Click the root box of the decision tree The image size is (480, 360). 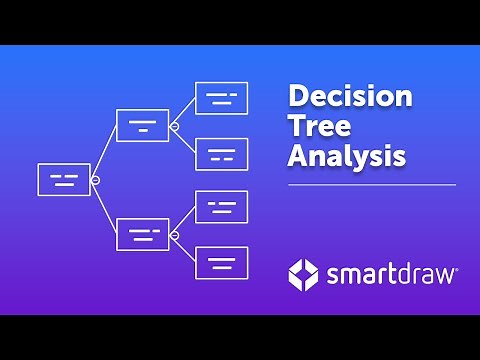pyautogui.click(x=63, y=179)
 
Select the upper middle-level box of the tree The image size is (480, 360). pyautogui.click(x=143, y=125)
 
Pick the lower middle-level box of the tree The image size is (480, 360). pyautogui.click(x=143, y=234)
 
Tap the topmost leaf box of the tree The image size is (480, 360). pyautogui.click(x=221, y=98)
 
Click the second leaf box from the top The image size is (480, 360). pyautogui.click(x=221, y=153)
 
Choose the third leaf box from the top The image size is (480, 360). pyautogui.click(x=221, y=207)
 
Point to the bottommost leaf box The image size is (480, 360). pyautogui.click(x=221, y=262)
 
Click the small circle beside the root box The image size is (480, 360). pyautogui.click(x=95, y=180)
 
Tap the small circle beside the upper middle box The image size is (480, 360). pyautogui.click(x=174, y=126)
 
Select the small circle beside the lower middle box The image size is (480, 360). pyautogui.click(x=174, y=235)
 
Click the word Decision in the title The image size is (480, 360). pyautogui.click(x=350, y=98)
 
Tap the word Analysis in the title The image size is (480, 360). pyautogui.click(x=346, y=157)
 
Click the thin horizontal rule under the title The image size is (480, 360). pyautogui.click(x=371, y=185)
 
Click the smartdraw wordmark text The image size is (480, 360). pyautogui.click(x=391, y=273)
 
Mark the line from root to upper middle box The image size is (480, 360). pyautogui.click(x=107, y=151)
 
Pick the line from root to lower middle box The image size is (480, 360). pyautogui.click(x=107, y=208)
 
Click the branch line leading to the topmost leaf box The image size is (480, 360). pyautogui.click(x=186, y=111)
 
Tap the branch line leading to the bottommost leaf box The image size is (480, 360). pyautogui.click(x=186, y=249)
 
